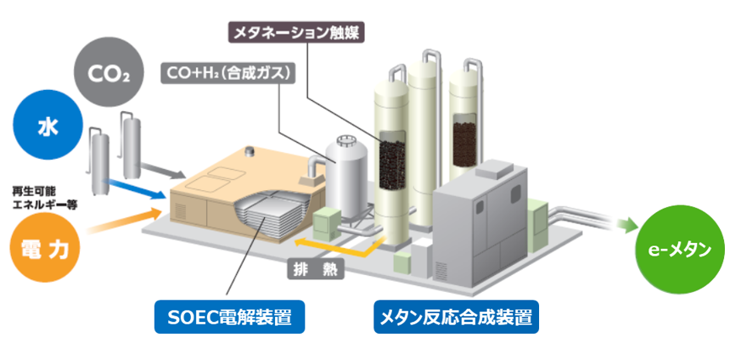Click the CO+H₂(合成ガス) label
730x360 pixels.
pos(227,73)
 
